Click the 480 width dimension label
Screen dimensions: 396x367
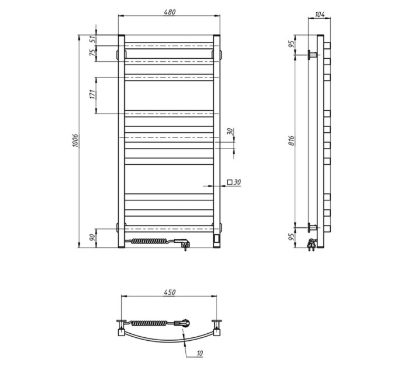[x=169, y=12]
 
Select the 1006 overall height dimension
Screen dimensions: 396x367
[x=76, y=141]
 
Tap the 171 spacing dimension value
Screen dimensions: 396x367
[x=93, y=94]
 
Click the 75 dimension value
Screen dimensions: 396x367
[x=93, y=53]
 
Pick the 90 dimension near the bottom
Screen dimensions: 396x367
[x=93, y=238]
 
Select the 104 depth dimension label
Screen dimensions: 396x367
[x=320, y=15]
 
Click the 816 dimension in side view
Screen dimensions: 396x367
[x=291, y=140]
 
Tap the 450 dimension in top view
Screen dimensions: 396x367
[x=169, y=292]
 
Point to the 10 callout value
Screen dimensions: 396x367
[x=200, y=353]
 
